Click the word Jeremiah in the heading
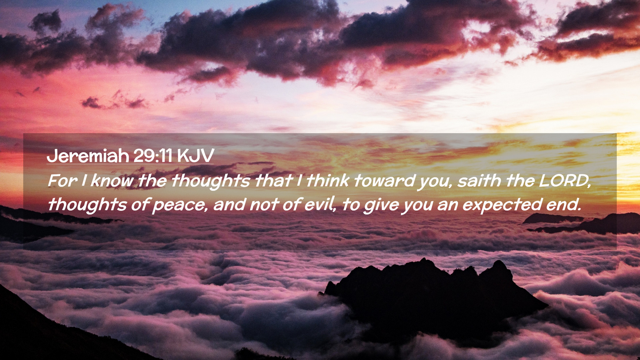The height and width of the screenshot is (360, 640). click(88, 156)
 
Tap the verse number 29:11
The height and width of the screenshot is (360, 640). click(153, 155)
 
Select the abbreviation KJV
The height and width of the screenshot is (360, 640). click(195, 155)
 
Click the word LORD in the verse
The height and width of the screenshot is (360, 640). click(564, 181)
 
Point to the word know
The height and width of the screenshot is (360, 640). click(112, 181)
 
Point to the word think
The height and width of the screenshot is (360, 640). click(328, 181)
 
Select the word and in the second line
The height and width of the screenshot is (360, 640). click(229, 204)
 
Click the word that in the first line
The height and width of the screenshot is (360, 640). click(273, 181)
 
